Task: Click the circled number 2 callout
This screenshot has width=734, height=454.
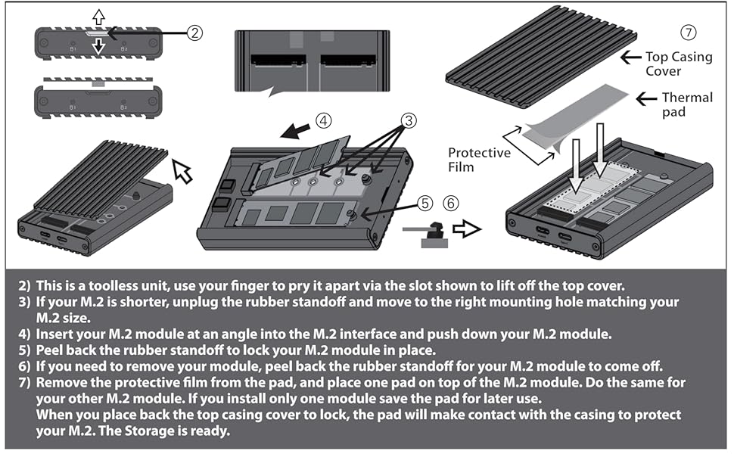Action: (x=194, y=33)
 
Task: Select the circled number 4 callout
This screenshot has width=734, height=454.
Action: (x=322, y=120)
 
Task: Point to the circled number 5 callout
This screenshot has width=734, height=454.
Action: (x=425, y=203)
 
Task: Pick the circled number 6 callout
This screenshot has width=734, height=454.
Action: (x=451, y=203)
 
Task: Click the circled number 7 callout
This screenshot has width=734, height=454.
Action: (x=687, y=33)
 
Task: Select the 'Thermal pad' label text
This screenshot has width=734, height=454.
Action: (x=686, y=104)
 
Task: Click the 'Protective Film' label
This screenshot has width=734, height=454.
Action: (x=479, y=159)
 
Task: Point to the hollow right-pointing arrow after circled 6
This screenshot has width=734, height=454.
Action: (x=468, y=229)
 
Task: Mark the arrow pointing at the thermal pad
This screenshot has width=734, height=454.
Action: (x=645, y=98)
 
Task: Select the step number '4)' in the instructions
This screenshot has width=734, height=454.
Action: (x=23, y=332)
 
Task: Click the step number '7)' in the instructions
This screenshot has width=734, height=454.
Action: (x=23, y=381)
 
